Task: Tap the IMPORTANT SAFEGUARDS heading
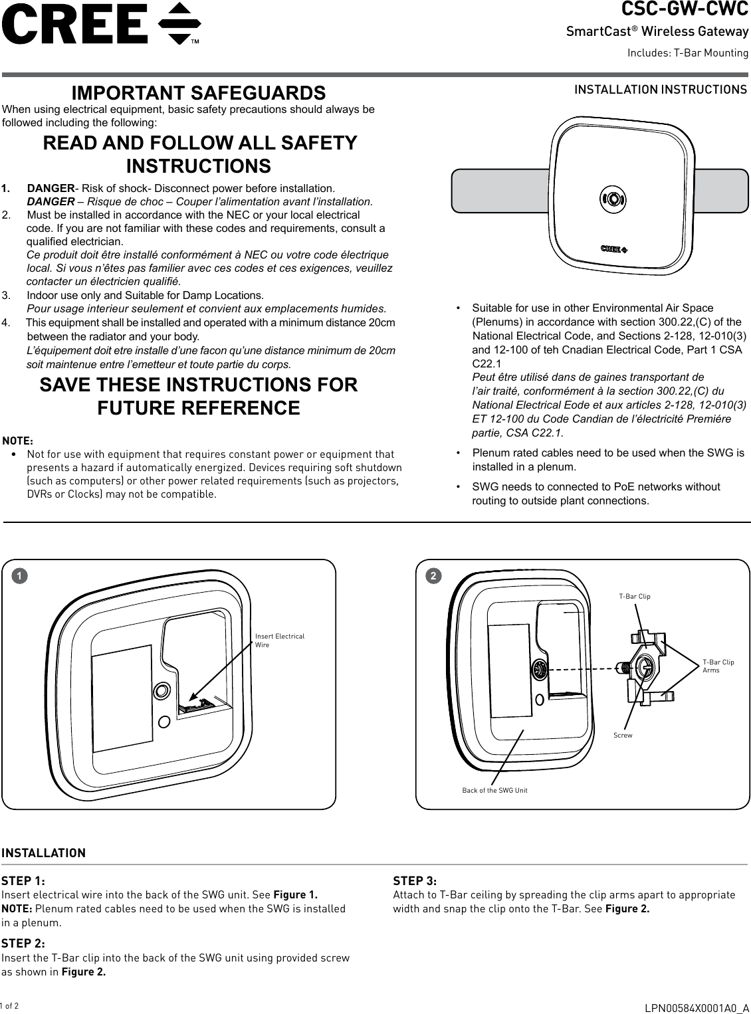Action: tap(198, 92)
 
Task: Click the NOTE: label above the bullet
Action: tap(18, 441)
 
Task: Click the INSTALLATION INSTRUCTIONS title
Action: tap(660, 89)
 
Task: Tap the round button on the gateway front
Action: tap(612, 198)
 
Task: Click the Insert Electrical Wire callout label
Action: tap(279, 641)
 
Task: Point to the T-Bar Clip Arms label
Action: tap(718, 666)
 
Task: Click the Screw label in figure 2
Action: tap(623, 736)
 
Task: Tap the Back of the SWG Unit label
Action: tap(494, 791)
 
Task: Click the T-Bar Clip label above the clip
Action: tap(635, 597)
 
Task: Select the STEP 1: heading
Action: tap(23, 881)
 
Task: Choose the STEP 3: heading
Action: tap(415, 881)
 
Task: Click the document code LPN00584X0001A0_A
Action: tap(697, 1007)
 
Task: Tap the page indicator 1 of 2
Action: tap(9, 1006)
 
